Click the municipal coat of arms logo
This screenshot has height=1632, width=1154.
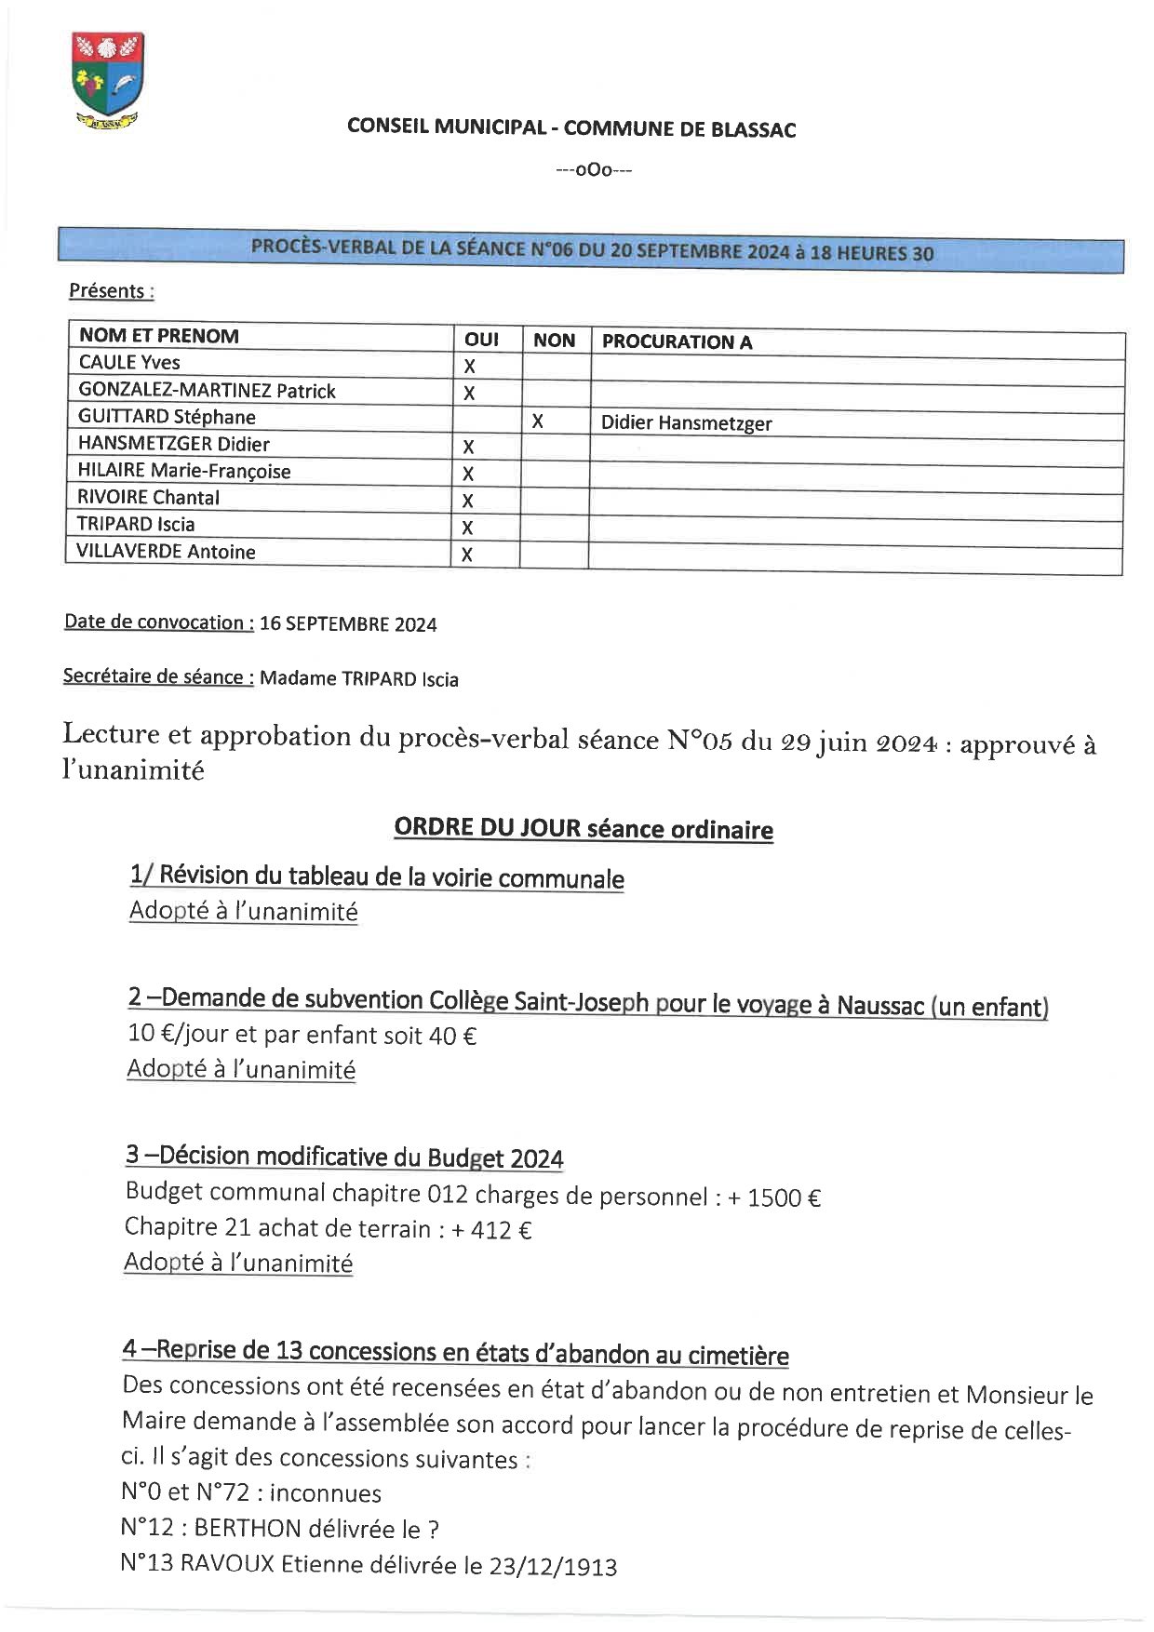click(x=107, y=80)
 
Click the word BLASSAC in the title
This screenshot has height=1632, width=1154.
click(x=753, y=130)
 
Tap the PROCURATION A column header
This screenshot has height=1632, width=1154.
click(x=677, y=341)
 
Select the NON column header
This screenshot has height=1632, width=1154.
click(x=555, y=341)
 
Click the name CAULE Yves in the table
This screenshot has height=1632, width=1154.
click(x=129, y=362)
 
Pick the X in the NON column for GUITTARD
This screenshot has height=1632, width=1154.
click(x=537, y=421)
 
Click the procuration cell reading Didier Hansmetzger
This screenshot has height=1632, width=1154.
click(x=686, y=423)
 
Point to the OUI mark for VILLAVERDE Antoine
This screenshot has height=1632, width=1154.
click(x=467, y=555)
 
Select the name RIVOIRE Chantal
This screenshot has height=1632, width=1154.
click(x=149, y=498)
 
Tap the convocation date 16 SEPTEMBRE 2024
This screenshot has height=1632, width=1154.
click(x=348, y=624)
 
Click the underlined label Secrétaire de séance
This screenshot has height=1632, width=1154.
click(x=157, y=676)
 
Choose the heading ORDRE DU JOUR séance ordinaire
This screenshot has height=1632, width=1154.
click(x=584, y=828)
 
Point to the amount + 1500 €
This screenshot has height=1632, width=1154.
click(x=774, y=1197)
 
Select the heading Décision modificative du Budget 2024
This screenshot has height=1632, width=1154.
click(x=361, y=1157)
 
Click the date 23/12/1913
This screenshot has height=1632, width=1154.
click(x=553, y=1567)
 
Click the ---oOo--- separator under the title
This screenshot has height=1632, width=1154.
click(x=594, y=170)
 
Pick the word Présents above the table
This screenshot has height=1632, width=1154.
click(x=106, y=290)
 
